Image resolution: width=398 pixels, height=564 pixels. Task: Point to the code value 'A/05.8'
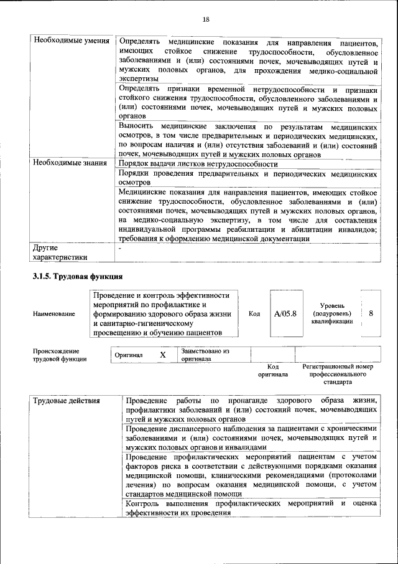285,313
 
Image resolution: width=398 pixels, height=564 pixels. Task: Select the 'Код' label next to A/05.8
254,313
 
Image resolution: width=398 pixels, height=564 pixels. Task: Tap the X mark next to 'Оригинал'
163,355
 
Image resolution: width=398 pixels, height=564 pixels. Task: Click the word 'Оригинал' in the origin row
129,355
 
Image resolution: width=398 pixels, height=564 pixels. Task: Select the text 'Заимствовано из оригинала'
206,355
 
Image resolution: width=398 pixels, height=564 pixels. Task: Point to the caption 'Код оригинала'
273,371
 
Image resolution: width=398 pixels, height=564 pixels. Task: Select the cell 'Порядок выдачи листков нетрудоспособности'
198,163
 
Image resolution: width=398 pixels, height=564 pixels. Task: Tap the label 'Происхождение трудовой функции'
60,355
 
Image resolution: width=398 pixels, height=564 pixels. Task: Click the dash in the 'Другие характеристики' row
120,248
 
